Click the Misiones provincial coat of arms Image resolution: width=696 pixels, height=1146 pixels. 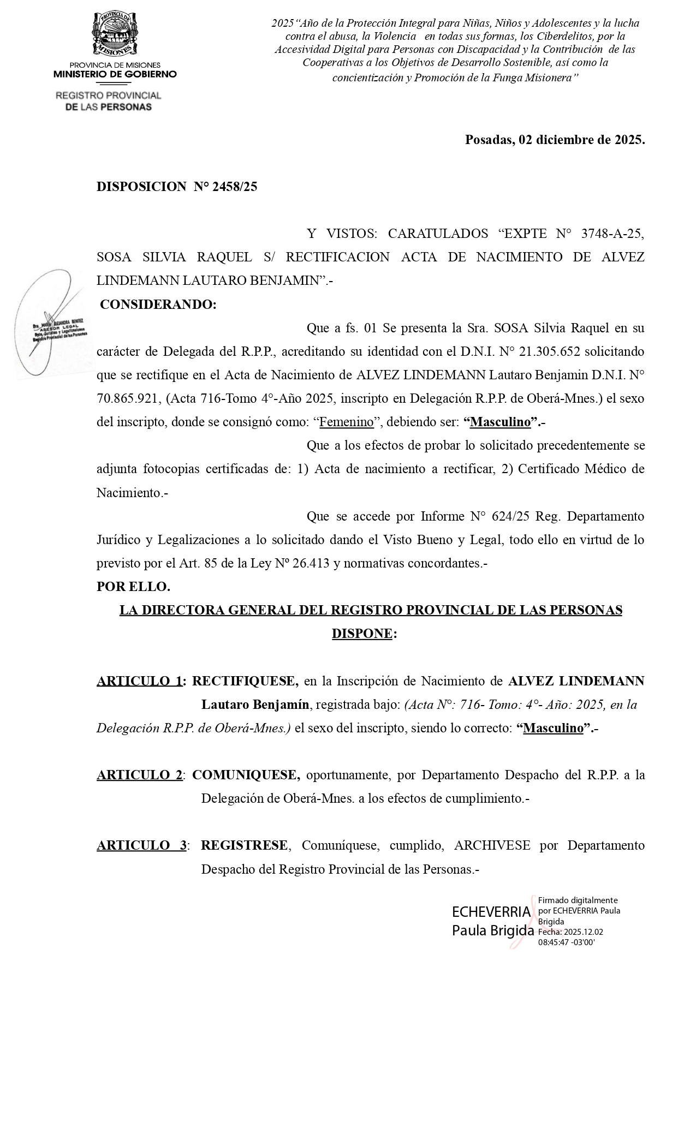[115, 34]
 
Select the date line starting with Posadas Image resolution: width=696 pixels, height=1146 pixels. [555, 140]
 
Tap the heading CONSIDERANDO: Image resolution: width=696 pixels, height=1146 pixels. [158, 305]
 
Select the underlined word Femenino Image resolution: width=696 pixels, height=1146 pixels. [347, 422]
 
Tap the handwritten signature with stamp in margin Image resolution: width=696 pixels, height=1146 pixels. [49, 325]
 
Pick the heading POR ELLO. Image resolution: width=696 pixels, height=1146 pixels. [133, 587]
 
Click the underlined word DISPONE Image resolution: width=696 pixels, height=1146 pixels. [362, 634]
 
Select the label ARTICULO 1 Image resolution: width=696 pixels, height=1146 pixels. [139, 681]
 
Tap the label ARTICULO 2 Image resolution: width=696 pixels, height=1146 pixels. [139, 775]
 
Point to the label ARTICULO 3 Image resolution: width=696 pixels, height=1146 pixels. [141, 845]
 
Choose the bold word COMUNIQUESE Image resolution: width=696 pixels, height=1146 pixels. [246, 775]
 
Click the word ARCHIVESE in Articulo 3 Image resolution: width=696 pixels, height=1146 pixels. [492, 845]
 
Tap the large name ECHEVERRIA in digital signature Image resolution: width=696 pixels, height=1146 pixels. [491, 912]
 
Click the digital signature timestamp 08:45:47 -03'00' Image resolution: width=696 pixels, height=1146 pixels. [566, 942]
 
